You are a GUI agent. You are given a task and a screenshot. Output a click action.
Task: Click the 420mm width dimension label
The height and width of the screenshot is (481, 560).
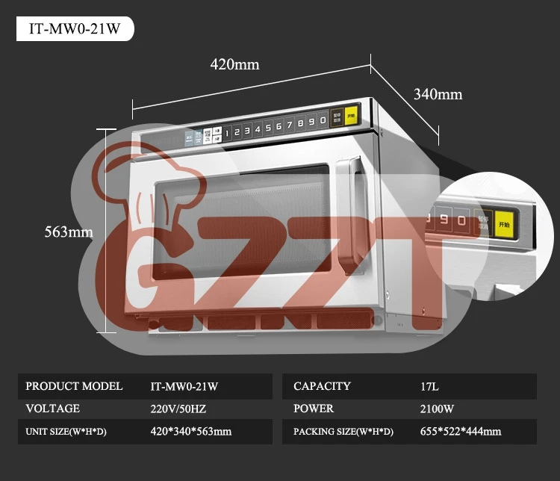point(234,64)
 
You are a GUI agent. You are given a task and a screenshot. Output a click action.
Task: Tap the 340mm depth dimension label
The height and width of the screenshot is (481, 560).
point(438,94)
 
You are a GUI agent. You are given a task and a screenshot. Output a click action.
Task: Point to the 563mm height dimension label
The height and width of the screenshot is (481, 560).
point(69,232)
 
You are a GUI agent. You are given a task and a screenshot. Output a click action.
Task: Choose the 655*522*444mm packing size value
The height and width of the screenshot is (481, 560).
point(461,432)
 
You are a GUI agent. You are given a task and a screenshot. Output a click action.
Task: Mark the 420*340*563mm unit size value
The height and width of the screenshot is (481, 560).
point(191,432)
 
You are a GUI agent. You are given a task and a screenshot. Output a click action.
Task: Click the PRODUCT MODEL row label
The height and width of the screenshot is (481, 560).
point(74,387)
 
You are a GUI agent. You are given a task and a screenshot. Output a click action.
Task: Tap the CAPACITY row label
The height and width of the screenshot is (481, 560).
point(322,387)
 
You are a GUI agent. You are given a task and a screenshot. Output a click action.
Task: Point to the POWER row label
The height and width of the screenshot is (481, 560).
point(314,409)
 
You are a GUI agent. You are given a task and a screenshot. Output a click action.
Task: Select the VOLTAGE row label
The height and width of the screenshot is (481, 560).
point(52,409)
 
